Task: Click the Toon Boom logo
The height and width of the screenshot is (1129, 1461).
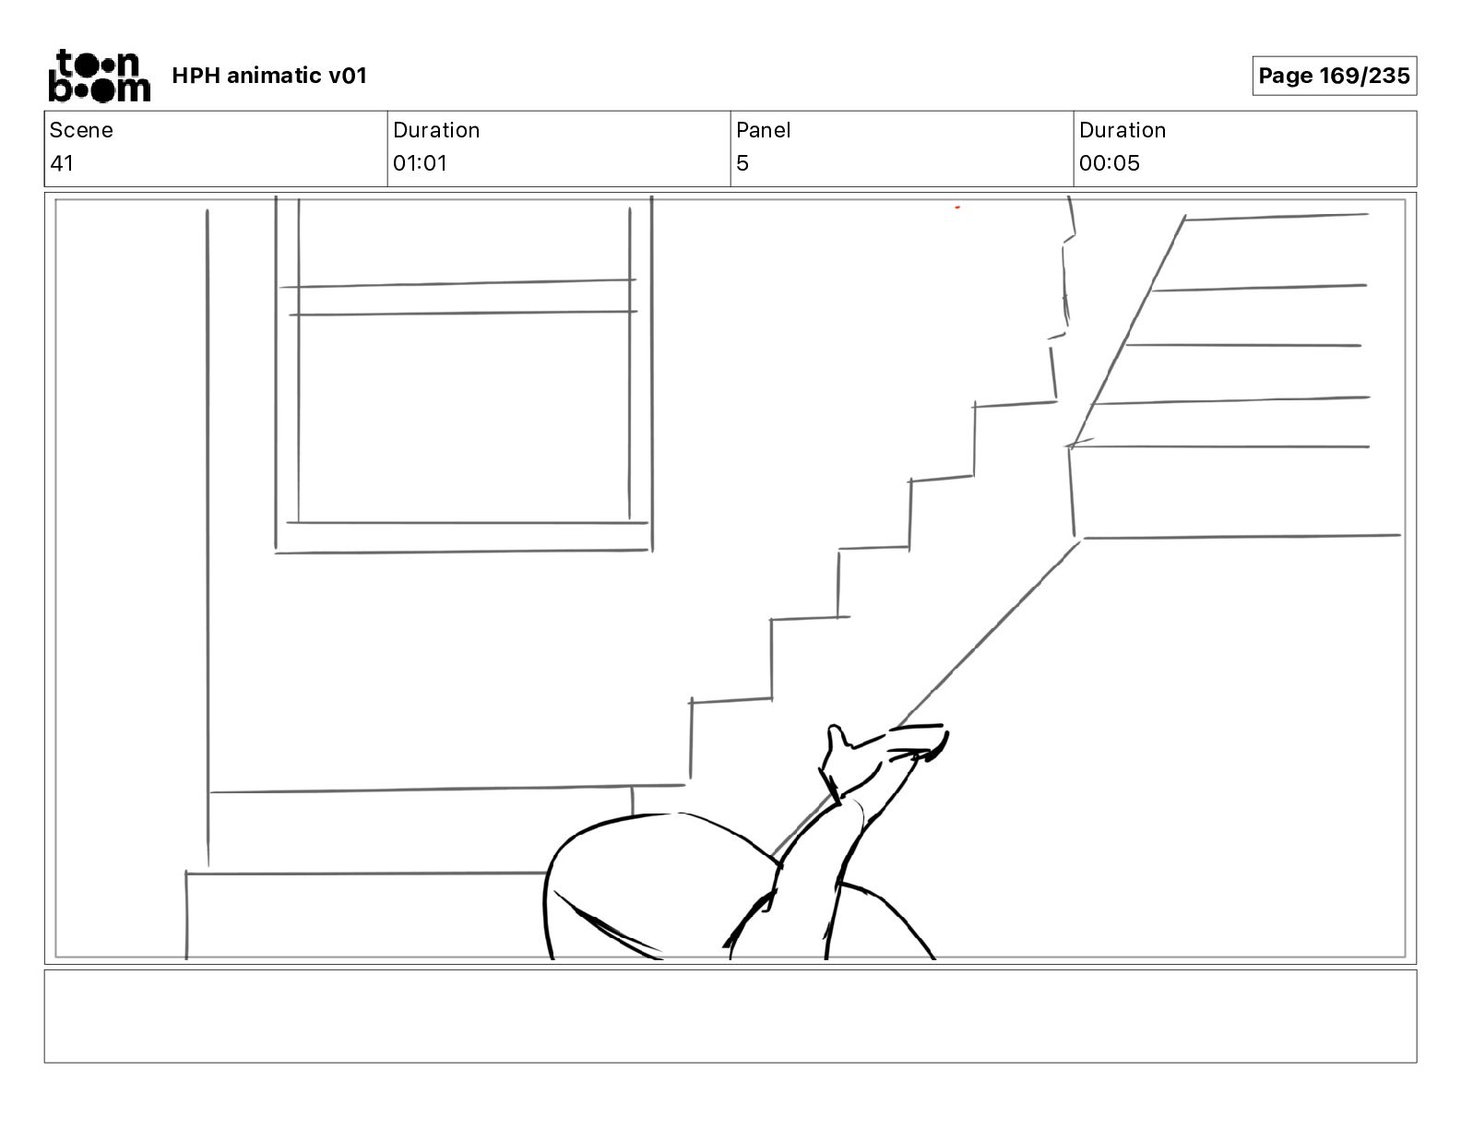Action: pyautogui.click(x=99, y=75)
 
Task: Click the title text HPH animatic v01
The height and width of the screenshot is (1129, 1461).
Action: pyautogui.click(x=269, y=76)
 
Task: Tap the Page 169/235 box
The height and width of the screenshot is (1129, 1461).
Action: pyautogui.click(x=1334, y=76)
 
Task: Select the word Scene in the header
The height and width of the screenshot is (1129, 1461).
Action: pyautogui.click(x=81, y=130)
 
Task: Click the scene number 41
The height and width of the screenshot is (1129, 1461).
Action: pyautogui.click(x=62, y=163)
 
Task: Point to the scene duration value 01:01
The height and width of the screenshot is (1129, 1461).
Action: pyautogui.click(x=420, y=163)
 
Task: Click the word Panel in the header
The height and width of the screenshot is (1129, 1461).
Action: pyautogui.click(x=763, y=130)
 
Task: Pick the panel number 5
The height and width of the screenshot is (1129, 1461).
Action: pyautogui.click(x=742, y=163)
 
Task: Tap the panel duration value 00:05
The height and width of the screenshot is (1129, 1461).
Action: pyautogui.click(x=1110, y=163)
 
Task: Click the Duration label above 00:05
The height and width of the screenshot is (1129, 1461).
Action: pyautogui.click(x=1122, y=130)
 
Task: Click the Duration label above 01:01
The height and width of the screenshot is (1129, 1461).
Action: pyautogui.click(x=436, y=130)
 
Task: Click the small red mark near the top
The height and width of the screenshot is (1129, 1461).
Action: pyautogui.click(x=957, y=208)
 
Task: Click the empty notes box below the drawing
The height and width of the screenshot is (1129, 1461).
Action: pyautogui.click(x=730, y=1016)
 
